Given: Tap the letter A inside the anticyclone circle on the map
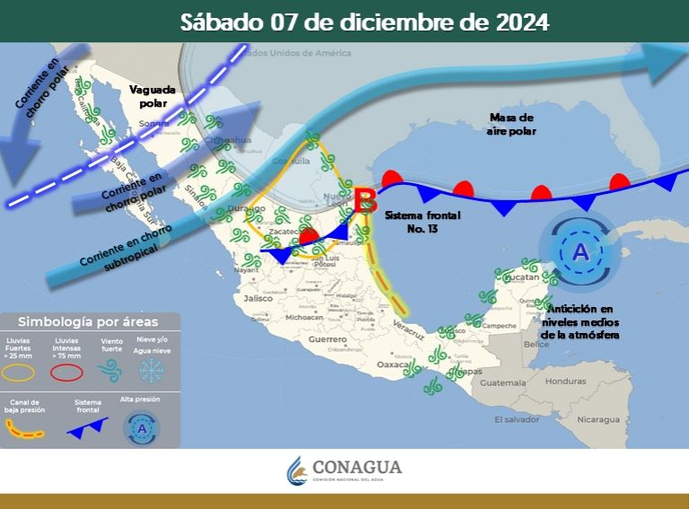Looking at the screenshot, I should click(580, 253).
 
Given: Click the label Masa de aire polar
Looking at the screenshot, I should click(512, 124).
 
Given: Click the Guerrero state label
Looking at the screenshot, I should click(327, 340).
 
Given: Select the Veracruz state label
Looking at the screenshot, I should click(408, 332).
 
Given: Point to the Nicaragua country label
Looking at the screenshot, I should click(597, 419).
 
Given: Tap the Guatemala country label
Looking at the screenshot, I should click(502, 382).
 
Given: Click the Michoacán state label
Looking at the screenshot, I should click(304, 317).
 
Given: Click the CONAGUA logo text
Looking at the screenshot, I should click(357, 468).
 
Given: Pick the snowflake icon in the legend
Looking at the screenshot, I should click(152, 370).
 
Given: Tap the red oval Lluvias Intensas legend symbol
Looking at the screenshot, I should click(65, 370).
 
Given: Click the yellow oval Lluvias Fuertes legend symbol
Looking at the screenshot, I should click(22, 370).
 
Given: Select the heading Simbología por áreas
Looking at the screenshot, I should click(88, 321).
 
